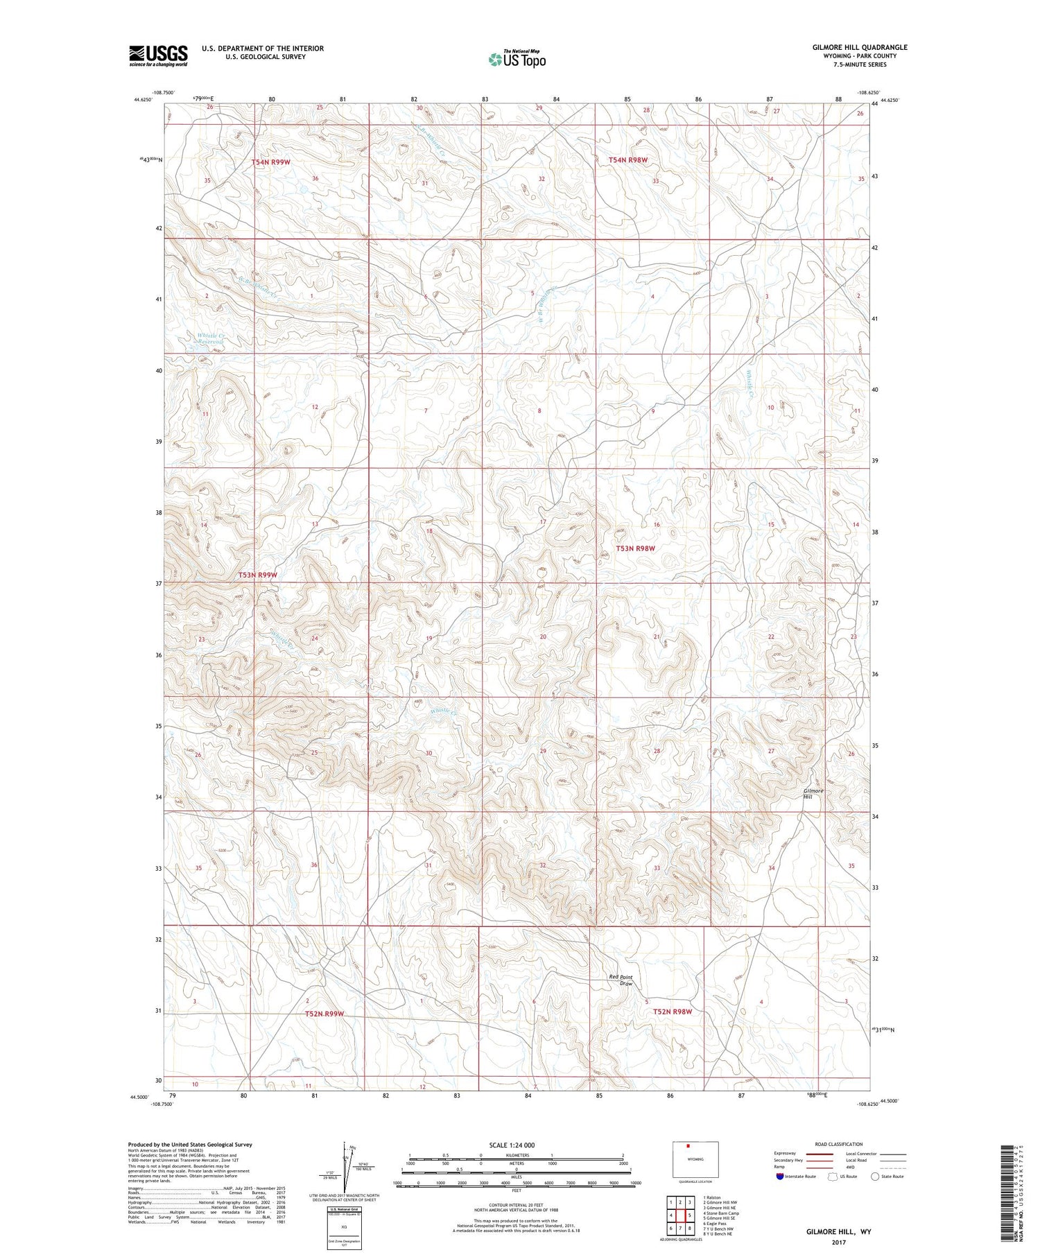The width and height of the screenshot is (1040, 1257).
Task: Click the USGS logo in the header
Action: click(x=158, y=55)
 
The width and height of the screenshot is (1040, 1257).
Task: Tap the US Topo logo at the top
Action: click(x=517, y=59)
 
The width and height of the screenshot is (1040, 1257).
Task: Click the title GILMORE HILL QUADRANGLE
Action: click(x=859, y=47)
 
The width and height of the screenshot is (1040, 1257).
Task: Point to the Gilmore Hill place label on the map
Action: click(x=813, y=793)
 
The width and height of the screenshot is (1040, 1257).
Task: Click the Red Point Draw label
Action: click(x=621, y=980)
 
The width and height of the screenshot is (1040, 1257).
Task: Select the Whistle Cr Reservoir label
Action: click(x=210, y=339)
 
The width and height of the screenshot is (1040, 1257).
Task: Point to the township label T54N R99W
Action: click(x=270, y=162)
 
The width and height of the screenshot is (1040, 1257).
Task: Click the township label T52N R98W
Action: click(x=673, y=1012)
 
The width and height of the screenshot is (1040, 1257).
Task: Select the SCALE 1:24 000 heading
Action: click(x=512, y=1145)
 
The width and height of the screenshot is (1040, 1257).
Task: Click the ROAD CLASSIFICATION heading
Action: click(x=839, y=1144)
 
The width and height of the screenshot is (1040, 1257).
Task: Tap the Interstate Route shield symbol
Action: click(x=780, y=1177)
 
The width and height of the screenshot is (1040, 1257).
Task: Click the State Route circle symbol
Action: click(x=875, y=1177)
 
